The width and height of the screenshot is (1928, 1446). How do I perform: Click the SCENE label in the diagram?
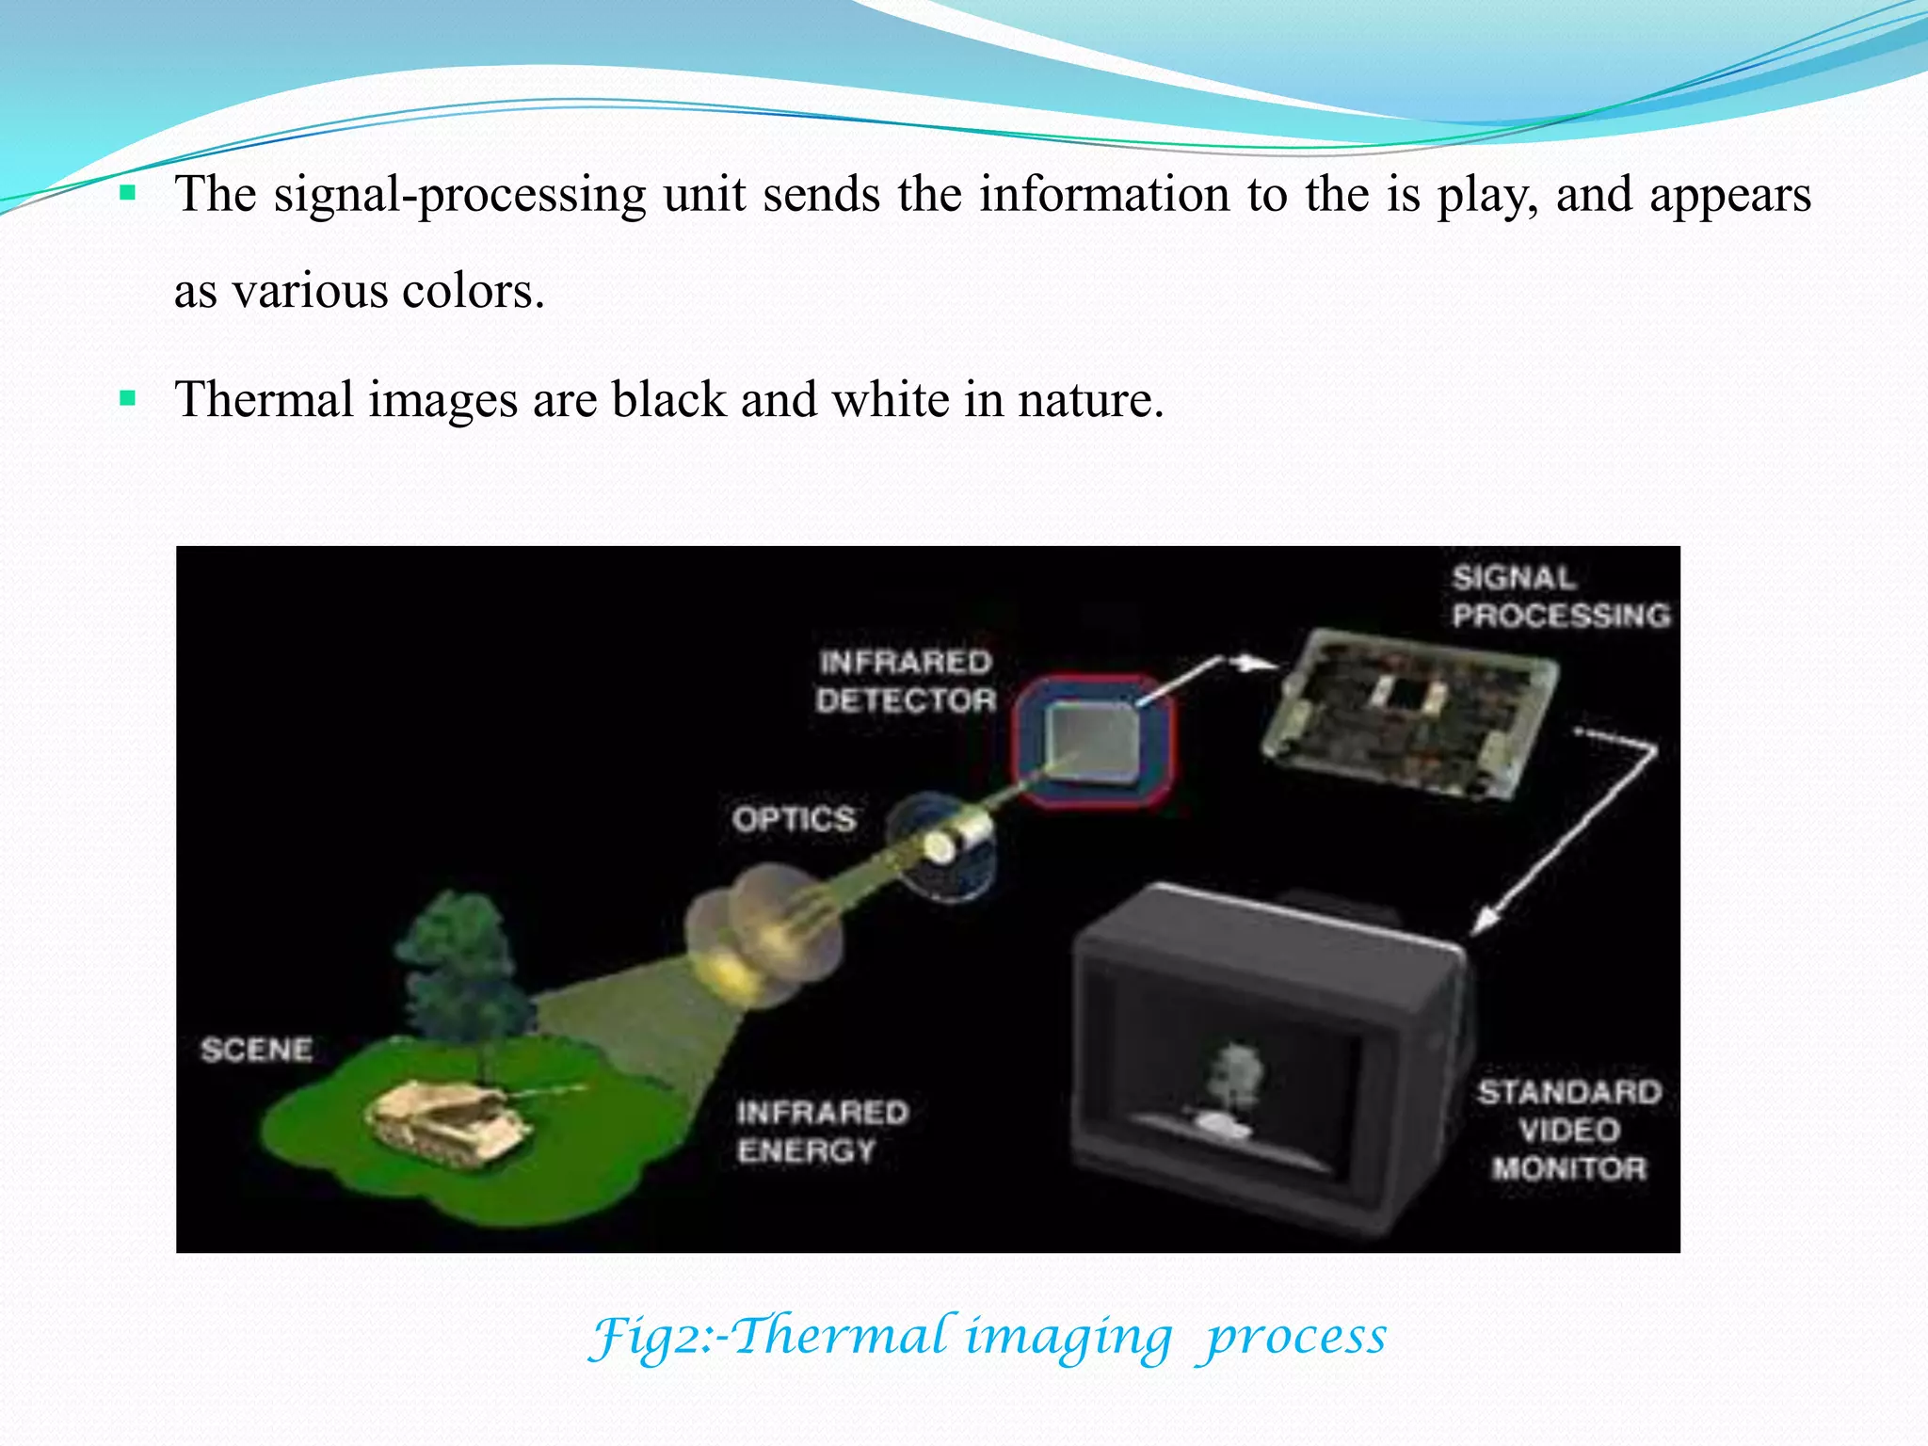pos(256,1050)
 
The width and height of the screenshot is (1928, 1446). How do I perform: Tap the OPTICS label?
pos(795,819)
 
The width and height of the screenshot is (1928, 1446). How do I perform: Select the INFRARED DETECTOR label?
pos(906,682)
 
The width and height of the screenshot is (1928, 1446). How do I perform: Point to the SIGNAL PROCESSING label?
pos(1560,597)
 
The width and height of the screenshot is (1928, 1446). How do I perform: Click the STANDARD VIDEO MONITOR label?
pos(1569,1130)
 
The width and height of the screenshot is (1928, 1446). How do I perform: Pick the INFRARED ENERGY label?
pos(822,1132)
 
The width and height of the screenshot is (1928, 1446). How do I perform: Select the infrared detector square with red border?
pos(1094,742)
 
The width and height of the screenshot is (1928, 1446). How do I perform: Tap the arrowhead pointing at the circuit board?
pos(1254,664)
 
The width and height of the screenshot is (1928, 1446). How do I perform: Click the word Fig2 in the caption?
pos(650,1337)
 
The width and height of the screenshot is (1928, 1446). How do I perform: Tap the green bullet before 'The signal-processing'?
pos(128,195)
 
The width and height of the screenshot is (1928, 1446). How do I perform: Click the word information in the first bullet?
pos(1104,195)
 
